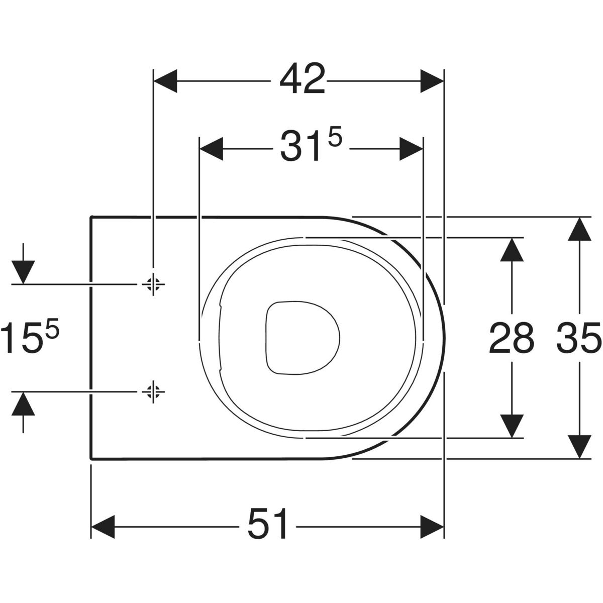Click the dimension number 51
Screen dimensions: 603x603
coord(268,526)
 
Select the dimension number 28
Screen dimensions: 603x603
coord(511,338)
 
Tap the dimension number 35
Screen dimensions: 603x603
coord(579,338)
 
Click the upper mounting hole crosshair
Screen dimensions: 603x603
coord(153,284)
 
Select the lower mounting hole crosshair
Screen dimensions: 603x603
coord(153,390)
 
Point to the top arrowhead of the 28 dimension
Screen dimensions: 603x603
coord(512,250)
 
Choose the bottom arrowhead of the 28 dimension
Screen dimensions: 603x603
coord(512,425)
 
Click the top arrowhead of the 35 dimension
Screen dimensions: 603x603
coord(580,230)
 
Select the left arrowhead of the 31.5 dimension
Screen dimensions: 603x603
coord(212,149)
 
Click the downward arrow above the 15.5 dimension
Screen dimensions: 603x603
coord(23,272)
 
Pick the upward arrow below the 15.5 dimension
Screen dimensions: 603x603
coord(23,404)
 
